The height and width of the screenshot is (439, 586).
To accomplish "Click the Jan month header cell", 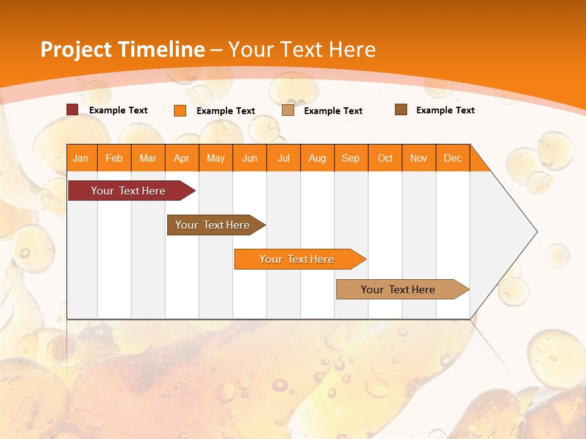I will point(81,158).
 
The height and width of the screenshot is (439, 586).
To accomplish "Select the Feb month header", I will point(114,158).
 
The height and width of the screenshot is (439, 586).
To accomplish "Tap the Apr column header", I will point(182,158).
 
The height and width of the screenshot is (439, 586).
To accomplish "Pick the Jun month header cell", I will point(250,158).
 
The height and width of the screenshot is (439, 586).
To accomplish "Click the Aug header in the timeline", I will point(317,158).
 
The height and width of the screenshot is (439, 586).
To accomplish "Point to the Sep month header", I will point(351,158).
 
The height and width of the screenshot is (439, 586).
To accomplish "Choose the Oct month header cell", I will point(385,158).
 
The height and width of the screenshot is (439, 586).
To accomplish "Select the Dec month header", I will point(453,158).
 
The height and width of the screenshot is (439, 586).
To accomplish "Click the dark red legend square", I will point(72,110).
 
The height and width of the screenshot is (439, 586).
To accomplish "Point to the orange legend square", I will point(179,110).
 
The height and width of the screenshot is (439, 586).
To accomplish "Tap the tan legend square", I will point(288,110).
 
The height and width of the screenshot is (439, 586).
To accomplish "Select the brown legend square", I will point(400,110).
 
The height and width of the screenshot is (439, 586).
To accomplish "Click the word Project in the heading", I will point(76,49).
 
